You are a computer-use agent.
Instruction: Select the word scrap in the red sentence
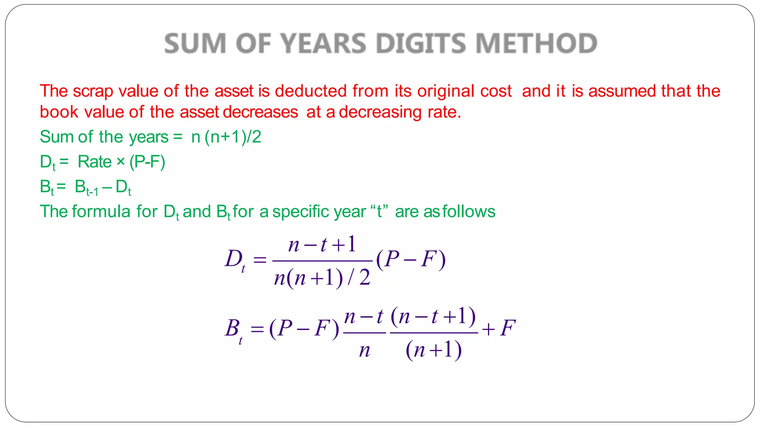93,91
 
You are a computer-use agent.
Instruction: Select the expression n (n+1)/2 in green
226,137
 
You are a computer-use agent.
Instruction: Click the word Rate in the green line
95,162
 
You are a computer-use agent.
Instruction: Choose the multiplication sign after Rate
121,162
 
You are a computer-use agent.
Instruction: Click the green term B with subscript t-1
86,187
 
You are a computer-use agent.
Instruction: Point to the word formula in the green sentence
101,212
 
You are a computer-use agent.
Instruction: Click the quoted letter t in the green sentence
379,212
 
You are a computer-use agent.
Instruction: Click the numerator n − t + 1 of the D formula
322,245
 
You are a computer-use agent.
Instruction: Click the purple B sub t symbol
234,329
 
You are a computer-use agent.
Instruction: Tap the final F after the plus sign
508,328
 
